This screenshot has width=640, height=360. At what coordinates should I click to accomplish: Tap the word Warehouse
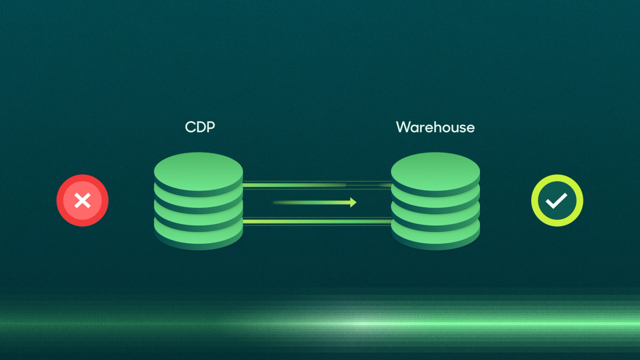[x=435, y=127]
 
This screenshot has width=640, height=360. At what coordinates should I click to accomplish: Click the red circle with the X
[x=83, y=201]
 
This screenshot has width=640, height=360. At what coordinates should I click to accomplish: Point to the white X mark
[x=83, y=201]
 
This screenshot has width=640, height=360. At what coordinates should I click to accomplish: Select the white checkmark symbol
[x=557, y=201]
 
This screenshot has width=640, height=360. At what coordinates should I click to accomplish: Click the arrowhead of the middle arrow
[x=353, y=203]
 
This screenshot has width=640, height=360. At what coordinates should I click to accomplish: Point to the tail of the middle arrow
[x=277, y=203]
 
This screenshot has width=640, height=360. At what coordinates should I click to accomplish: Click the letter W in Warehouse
[x=402, y=127]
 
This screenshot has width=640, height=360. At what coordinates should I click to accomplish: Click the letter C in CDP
[x=189, y=127]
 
